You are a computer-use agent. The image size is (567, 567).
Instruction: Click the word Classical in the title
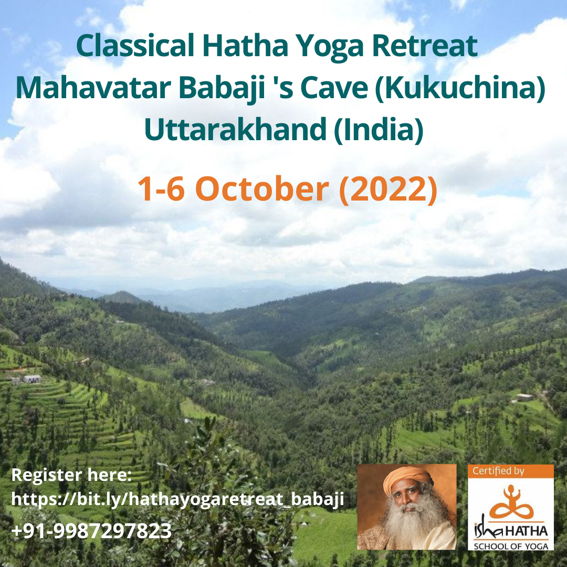135,46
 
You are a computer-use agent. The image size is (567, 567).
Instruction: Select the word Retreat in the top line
425,46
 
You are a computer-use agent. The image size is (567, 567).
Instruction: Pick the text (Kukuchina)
460,89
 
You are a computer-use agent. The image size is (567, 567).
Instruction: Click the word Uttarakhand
235,130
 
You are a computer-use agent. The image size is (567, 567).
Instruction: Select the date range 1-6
161,189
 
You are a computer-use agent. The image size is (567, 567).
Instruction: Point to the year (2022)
388,189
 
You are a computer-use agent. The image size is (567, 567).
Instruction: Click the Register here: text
71,475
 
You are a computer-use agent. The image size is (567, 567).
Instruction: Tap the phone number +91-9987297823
91,530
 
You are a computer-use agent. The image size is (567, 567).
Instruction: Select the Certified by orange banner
511,471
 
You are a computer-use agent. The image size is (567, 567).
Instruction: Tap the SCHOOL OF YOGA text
511,546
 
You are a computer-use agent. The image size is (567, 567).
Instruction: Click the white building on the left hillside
32,379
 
